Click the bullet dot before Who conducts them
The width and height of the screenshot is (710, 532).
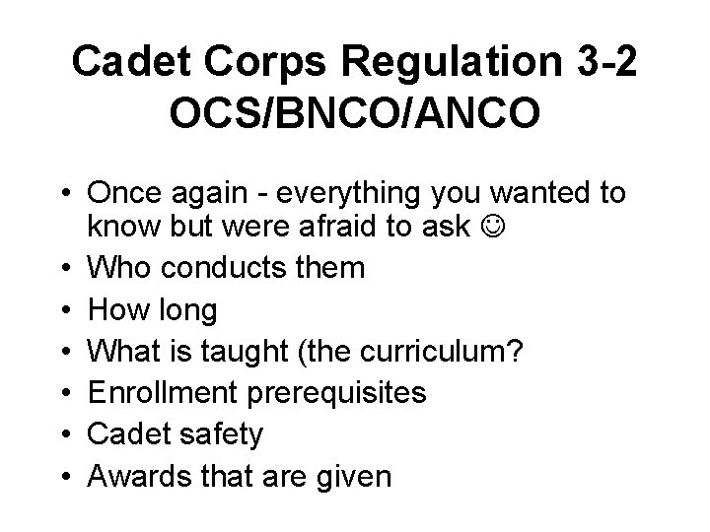point(64,268)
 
